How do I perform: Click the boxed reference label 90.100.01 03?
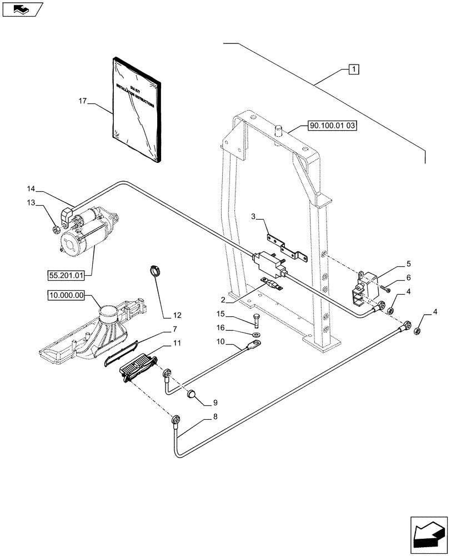click(332, 126)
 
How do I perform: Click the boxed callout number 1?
click(353, 69)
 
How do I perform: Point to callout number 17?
click(83, 101)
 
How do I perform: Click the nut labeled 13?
click(56, 230)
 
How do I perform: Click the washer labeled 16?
click(255, 335)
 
